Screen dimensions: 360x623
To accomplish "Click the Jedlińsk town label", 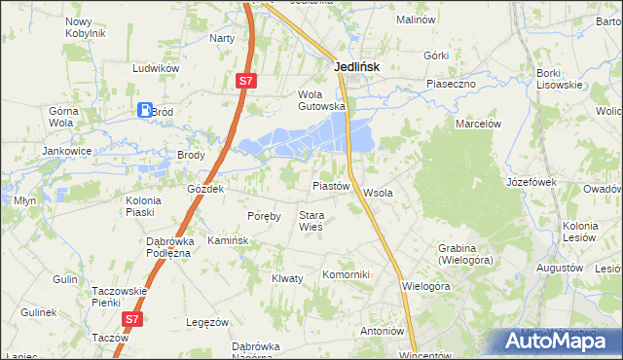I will click(356, 67).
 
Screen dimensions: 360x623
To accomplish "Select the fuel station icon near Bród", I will click(145, 111).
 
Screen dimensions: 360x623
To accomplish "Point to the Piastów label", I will click(330, 185).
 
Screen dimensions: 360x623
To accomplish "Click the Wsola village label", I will click(378, 193).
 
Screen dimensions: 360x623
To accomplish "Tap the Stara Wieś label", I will click(311, 221).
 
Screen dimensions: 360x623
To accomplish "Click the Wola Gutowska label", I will click(321, 100).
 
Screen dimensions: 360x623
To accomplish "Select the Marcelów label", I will click(478, 124).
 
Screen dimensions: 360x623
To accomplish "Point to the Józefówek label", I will click(531, 182).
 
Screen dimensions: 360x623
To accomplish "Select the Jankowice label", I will click(65, 151).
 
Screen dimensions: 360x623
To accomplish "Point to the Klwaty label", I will click(287, 278).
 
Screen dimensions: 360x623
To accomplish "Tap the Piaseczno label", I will click(450, 84).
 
